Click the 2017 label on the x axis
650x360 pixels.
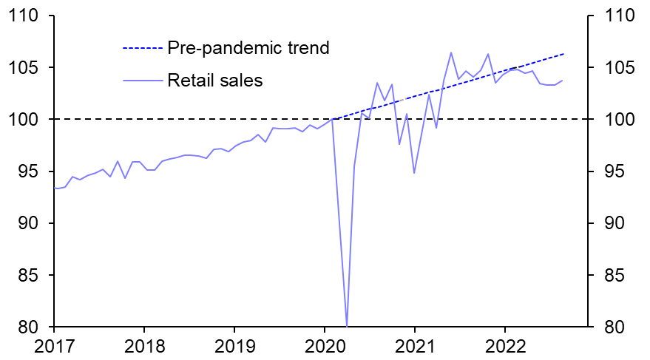click(54, 346)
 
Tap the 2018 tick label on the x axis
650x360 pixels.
click(144, 346)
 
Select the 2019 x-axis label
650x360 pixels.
click(234, 346)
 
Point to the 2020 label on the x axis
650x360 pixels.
click(325, 346)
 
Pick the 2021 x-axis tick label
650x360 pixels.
click(415, 346)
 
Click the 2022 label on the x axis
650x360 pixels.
click(505, 346)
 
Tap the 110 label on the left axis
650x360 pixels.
click(27, 16)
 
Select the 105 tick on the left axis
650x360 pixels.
click(27, 67)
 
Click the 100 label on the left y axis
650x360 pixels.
click(27, 119)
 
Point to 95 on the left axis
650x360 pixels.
click(32, 171)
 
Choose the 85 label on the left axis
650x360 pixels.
click(32, 275)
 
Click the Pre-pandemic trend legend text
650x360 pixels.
click(248, 48)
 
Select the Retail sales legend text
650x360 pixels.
click(215, 80)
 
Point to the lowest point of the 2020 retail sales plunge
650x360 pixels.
click(347, 325)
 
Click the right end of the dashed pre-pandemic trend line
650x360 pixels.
click(564, 54)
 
